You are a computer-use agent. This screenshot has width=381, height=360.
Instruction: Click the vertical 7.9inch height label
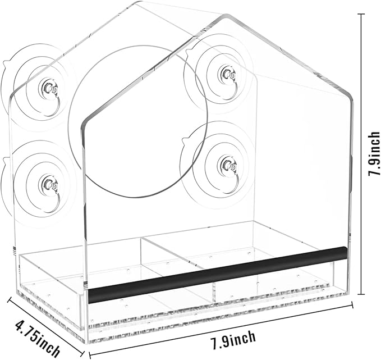[373, 154]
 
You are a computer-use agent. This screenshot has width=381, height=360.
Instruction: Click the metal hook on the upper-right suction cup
[227, 76]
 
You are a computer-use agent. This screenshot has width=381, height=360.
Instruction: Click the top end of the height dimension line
[361, 15]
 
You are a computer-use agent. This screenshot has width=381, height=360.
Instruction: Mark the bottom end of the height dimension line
[361, 293]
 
